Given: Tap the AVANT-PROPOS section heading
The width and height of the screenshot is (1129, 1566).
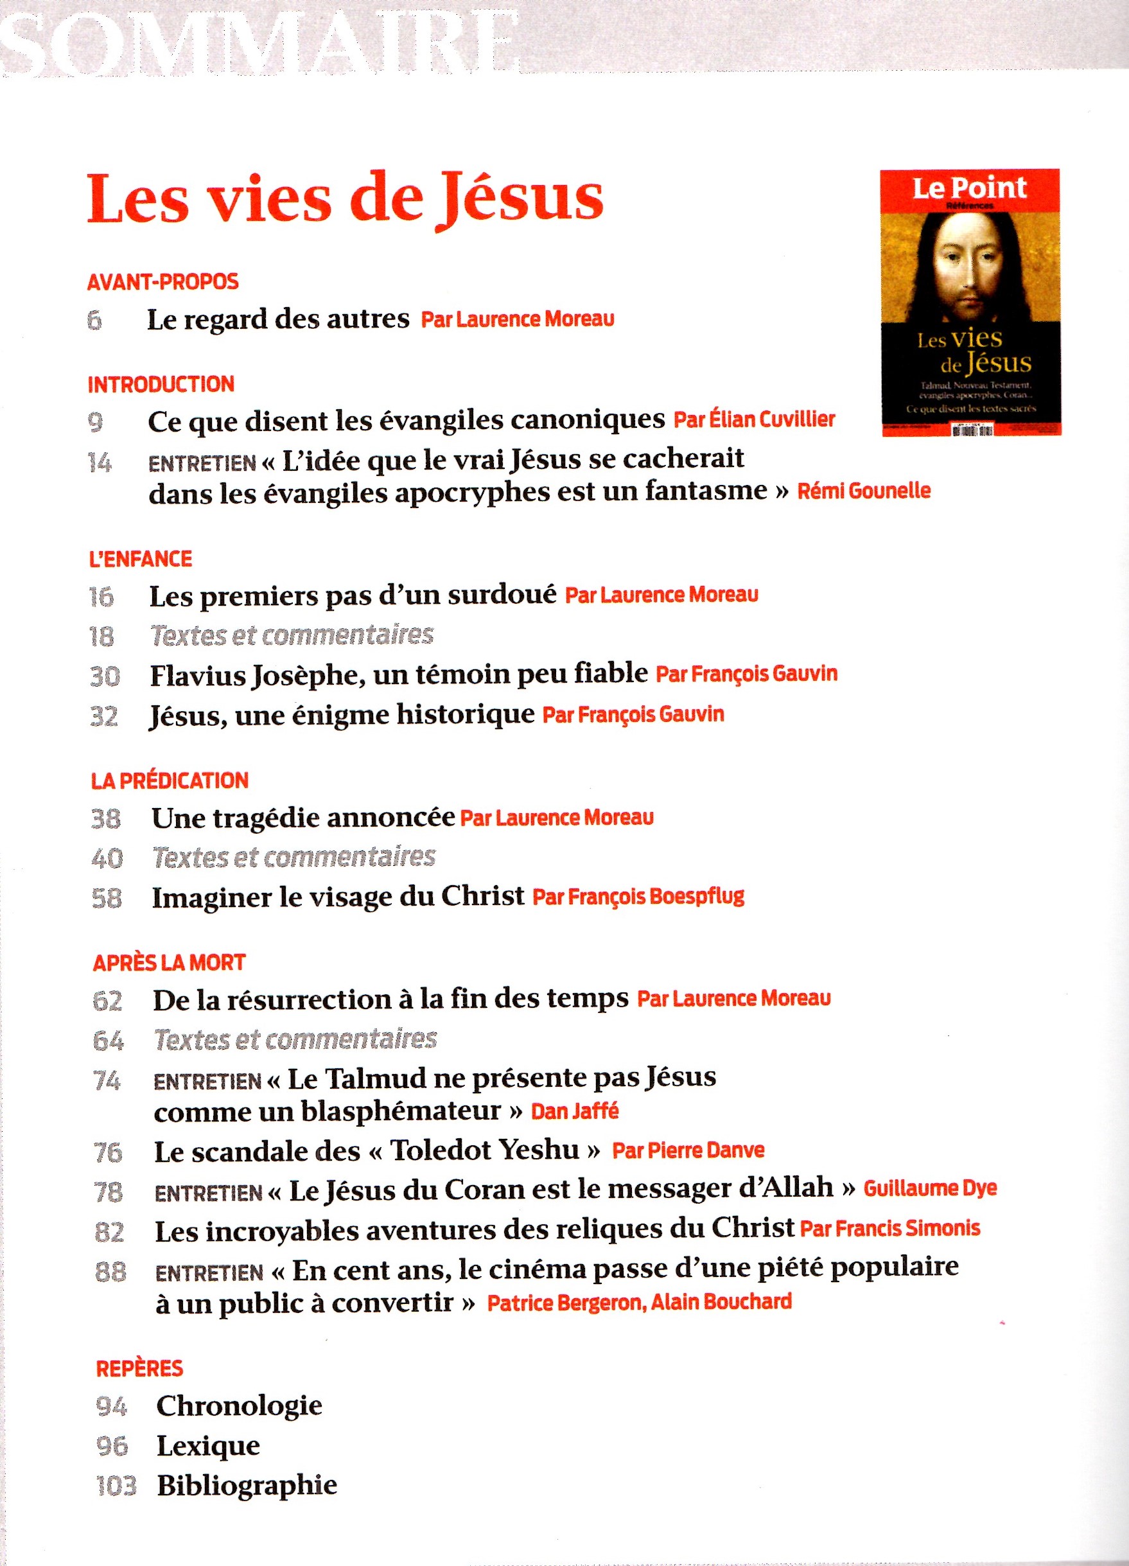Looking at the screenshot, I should pyautogui.click(x=163, y=282).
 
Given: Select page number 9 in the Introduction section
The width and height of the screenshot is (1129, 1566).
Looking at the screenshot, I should pyautogui.click(x=96, y=422).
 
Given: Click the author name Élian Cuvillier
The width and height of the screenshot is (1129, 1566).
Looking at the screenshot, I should pyautogui.click(x=754, y=420).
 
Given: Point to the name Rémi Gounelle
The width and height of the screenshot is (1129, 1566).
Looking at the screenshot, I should pyautogui.click(x=864, y=491).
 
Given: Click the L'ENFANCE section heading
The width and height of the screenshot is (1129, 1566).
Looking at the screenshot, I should pyautogui.click(x=141, y=559).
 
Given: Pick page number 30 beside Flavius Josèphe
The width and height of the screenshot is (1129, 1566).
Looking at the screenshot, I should pyautogui.click(x=105, y=676).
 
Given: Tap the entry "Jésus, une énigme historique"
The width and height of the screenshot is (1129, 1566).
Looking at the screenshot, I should pyautogui.click(x=342, y=715).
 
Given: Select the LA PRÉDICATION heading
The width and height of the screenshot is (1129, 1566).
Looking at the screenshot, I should pyautogui.click(x=170, y=780).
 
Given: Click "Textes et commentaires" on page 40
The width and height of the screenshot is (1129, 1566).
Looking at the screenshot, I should pyautogui.click(x=293, y=858).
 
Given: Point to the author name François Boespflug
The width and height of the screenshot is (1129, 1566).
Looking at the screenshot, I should pyautogui.click(x=639, y=897).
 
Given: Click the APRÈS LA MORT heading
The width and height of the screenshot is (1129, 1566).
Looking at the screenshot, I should pyautogui.click(x=169, y=962).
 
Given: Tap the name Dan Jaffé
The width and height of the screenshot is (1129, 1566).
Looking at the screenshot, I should pyautogui.click(x=575, y=1111).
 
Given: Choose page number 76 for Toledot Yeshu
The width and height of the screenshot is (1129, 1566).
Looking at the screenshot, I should pyautogui.click(x=108, y=1151).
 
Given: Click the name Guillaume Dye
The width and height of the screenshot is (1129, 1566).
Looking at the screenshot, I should pyautogui.click(x=930, y=1188).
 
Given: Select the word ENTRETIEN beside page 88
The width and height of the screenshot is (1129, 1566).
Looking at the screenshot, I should pyautogui.click(x=209, y=1272).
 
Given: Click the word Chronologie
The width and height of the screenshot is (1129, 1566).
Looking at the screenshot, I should pyautogui.click(x=239, y=1406).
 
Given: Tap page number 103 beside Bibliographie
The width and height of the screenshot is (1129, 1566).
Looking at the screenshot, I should pyautogui.click(x=116, y=1485).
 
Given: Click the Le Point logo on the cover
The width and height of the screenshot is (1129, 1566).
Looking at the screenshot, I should pyautogui.click(x=970, y=188).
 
